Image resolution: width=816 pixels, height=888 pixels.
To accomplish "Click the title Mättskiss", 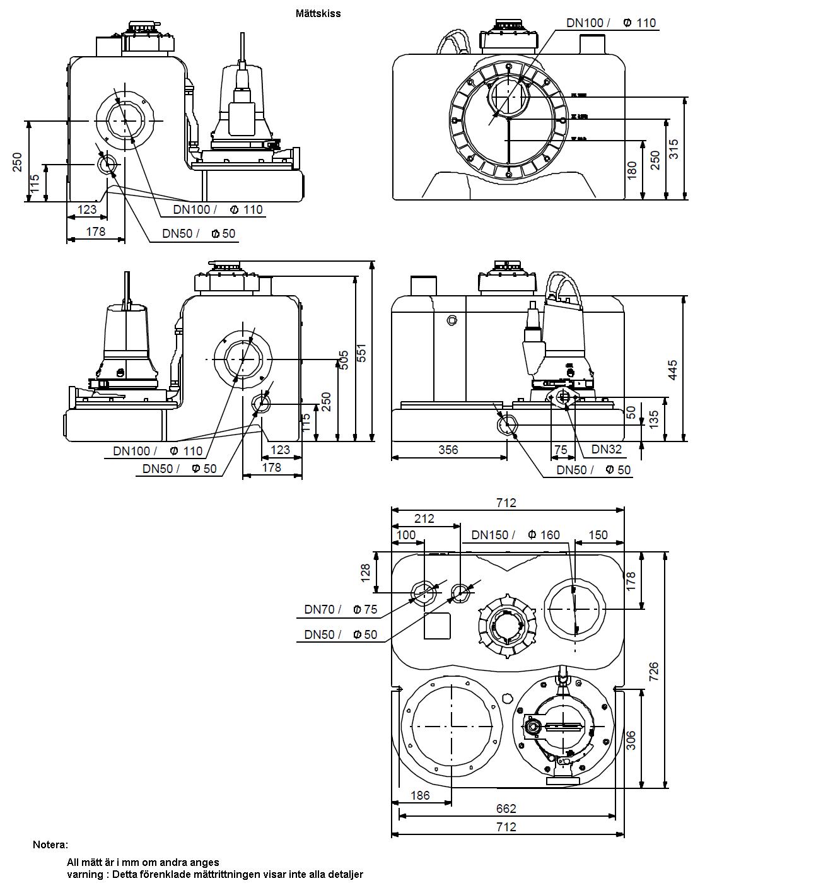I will coord(318,13).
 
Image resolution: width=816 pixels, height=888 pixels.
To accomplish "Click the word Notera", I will coord(50,844).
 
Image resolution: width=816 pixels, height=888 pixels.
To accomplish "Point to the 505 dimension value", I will coord(344,361).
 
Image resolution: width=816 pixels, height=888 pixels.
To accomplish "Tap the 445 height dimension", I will coord(673,370).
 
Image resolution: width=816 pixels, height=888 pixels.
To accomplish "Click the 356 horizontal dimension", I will coord(448,450).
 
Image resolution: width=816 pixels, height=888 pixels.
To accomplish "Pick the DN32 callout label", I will coord(606,450).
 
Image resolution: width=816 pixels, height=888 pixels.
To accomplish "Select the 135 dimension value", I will coord(653,418).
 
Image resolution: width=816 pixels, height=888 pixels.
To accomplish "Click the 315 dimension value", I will coord(673,149).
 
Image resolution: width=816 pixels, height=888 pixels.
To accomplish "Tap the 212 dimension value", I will coord(424,518).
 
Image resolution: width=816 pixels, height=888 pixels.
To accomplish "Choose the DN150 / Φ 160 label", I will coord(515,535).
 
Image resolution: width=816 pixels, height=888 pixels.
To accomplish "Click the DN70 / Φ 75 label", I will coord(340,609).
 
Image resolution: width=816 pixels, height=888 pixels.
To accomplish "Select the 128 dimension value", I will coord(366,573).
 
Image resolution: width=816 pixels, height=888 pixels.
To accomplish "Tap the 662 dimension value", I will coord(506,809).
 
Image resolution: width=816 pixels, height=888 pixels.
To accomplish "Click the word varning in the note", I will coord(85,874).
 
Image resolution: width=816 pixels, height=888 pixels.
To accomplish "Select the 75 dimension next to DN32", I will coord(560,450).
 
